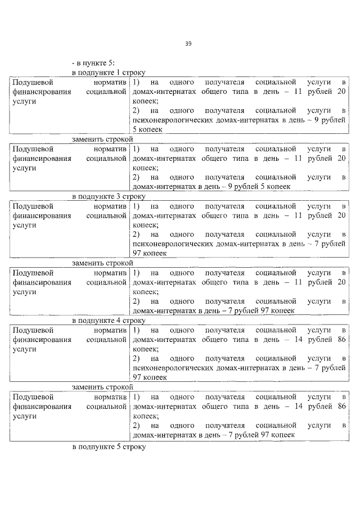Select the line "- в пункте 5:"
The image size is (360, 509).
click(93, 64)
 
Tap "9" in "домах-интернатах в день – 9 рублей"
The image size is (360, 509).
click(223, 186)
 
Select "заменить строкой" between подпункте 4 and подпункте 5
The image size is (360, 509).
click(102, 386)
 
